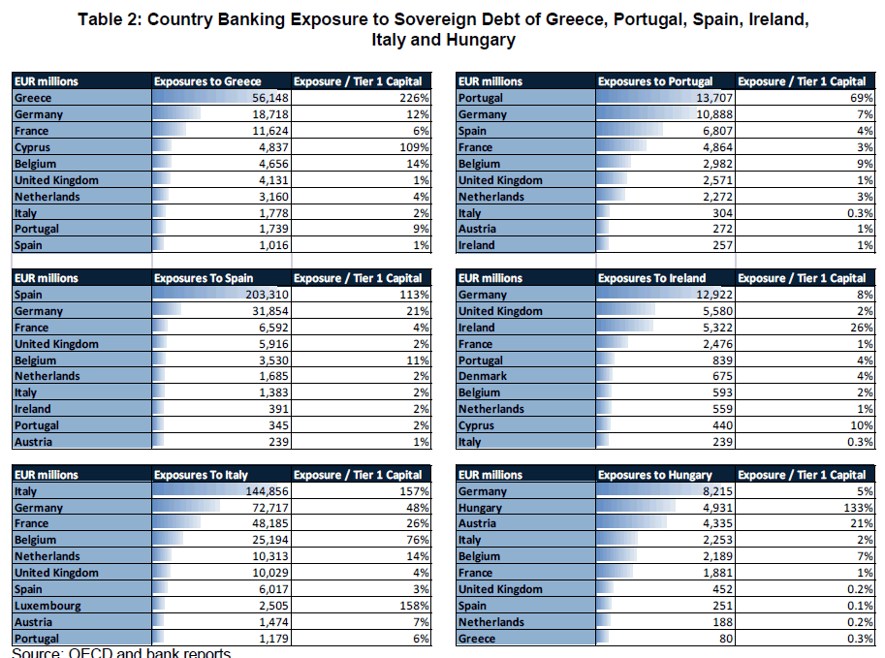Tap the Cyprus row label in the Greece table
pyautogui.click(x=33, y=147)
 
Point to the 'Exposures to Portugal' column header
pyautogui.click(x=655, y=81)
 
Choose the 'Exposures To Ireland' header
pyautogui.click(x=651, y=278)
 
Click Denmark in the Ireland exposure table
pyautogui.click(x=483, y=376)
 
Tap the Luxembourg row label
pyautogui.click(x=47, y=606)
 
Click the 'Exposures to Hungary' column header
pyautogui.click(x=654, y=475)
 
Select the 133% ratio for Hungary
pyautogui.click(x=860, y=508)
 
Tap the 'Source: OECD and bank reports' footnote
pyautogui.click(x=122, y=652)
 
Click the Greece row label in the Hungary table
pyautogui.click(x=477, y=639)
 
